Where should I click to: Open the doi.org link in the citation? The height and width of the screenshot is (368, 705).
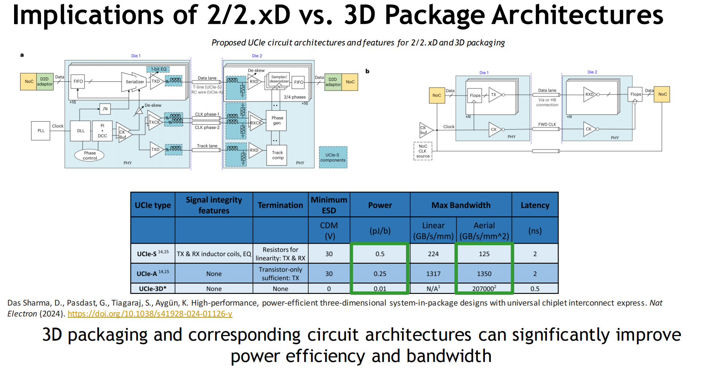[x=150, y=314]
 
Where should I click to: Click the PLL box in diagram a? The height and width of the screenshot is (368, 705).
[x=41, y=131]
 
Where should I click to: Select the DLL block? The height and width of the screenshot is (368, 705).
[x=80, y=131]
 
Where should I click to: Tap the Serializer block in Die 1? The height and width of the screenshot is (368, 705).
[x=134, y=82]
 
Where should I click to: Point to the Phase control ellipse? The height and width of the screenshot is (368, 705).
[x=90, y=155]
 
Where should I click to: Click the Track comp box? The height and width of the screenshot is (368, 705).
[x=277, y=155]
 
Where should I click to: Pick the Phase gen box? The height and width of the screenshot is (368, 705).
[x=276, y=120]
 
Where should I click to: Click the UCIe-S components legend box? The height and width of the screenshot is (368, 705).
[x=333, y=157]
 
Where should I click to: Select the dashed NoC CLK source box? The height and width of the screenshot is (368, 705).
[x=423, y=151]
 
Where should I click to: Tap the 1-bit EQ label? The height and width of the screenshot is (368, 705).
[x=158, y=69]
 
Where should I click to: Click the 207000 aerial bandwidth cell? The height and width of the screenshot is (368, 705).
[x=484, y=289]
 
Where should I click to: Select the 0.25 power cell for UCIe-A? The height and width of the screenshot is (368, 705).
[x=380, y=274]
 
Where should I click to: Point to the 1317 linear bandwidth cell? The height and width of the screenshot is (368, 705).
[x=433, y=274]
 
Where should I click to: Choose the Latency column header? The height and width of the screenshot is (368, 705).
[x=535, y=205]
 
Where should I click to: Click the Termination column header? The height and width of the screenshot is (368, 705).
[x=280, y=205]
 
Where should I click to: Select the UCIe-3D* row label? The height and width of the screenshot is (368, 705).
[x=153, y=289]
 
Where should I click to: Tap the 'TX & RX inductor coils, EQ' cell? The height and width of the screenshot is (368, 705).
[x=214, y=254]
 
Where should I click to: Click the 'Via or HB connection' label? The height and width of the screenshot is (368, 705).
[x=547, y=102]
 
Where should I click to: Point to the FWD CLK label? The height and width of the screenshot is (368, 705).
[x=547, y=124]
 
